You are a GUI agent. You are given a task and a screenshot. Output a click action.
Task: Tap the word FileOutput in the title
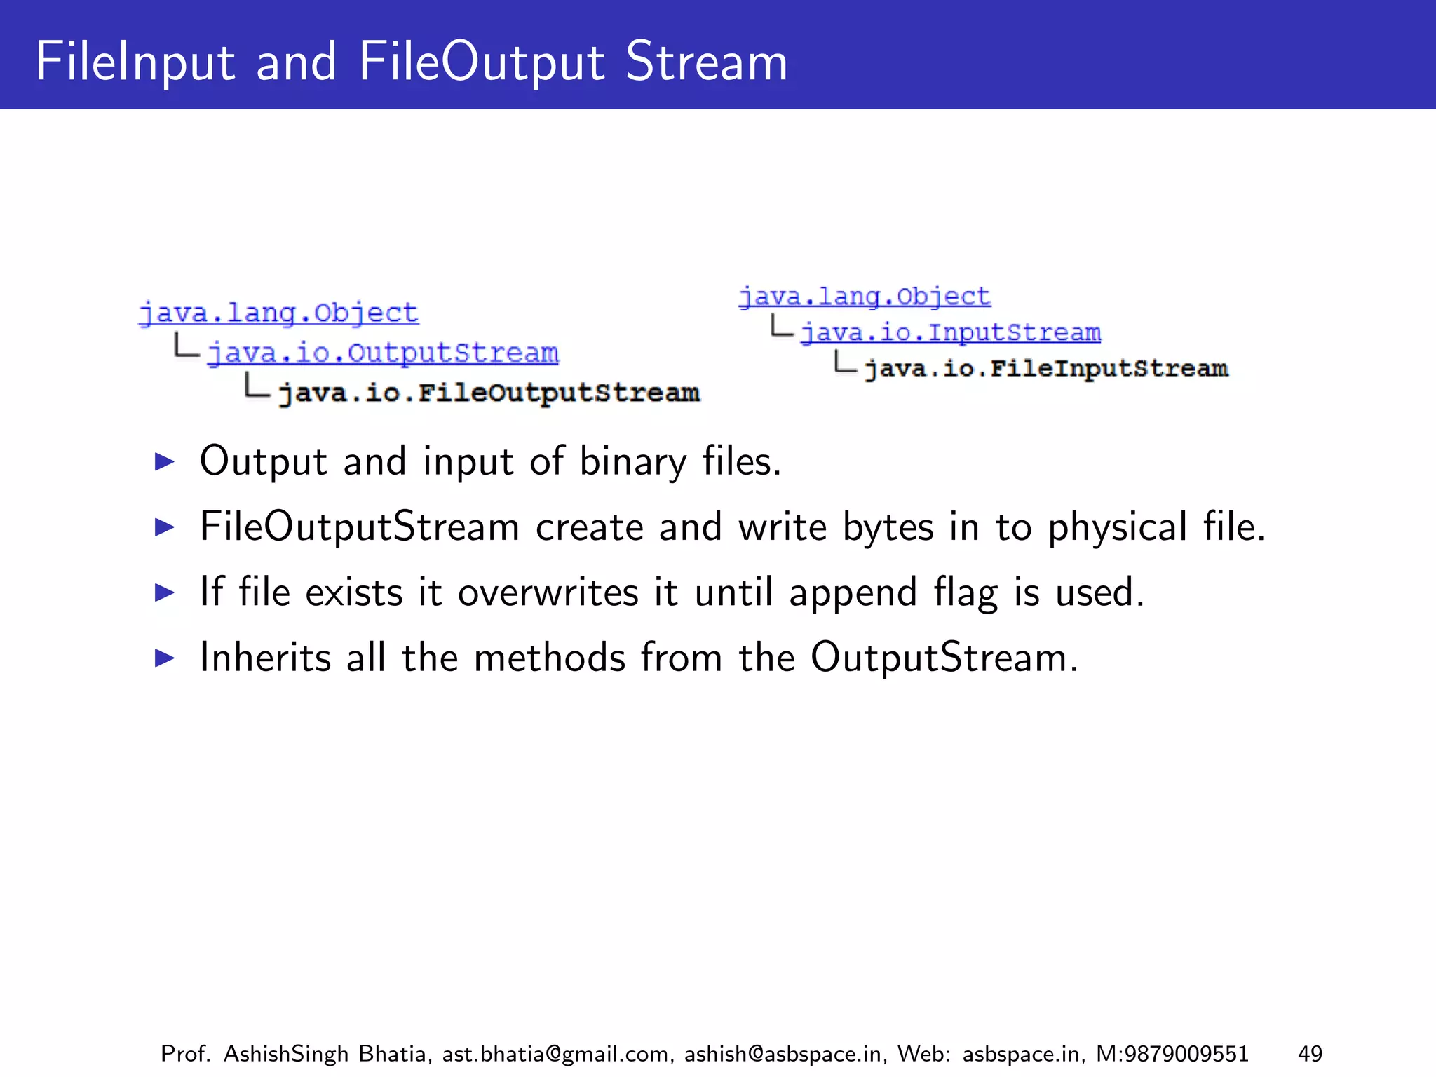point(481,62)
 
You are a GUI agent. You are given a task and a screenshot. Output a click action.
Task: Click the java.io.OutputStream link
point(383,353)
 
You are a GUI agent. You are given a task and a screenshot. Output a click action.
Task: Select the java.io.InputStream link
point(951,332)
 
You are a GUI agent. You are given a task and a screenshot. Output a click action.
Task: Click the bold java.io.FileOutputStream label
point(489,393)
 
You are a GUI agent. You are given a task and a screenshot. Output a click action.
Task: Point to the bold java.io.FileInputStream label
point(1046,368)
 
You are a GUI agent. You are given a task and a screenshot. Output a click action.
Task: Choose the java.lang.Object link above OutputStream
point(278,313)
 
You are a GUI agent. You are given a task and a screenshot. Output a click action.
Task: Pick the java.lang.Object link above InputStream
point(865,297)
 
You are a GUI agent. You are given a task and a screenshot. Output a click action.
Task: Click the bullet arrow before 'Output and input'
point(164,461)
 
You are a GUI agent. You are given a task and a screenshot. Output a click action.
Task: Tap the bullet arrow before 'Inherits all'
point(164,658)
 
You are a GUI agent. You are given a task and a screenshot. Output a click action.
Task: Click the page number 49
point(1310,1054)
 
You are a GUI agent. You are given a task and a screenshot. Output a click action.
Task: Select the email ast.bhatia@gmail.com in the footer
point(555,1054)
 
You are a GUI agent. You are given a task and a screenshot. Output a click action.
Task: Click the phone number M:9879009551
point(1172,1054)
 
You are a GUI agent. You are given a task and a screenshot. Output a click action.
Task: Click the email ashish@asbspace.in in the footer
point(783,1054)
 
